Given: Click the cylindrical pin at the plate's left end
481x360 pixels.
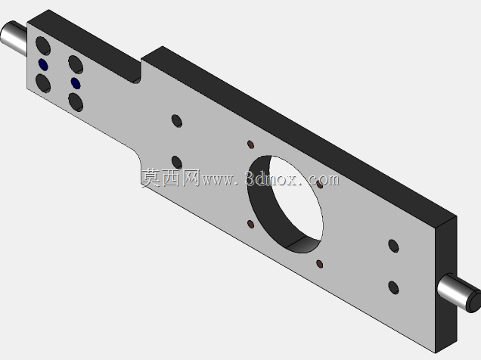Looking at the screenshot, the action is point(13,38).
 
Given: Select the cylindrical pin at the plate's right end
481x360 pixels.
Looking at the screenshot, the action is point(459,293).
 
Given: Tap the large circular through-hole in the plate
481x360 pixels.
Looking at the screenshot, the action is point(285,204).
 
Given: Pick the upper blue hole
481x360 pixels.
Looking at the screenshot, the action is point(43,64).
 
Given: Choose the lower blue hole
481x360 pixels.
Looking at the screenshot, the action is point(76,83).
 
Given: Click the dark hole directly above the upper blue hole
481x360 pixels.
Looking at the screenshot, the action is point(43,45).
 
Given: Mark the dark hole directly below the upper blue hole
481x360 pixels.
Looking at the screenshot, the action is point(43,83).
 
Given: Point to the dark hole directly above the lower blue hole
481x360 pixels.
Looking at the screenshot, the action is point(76,64).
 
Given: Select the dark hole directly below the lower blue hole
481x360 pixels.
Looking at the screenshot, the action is point(76,102).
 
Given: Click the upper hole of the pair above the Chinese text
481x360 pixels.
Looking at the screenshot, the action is point(177,121).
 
